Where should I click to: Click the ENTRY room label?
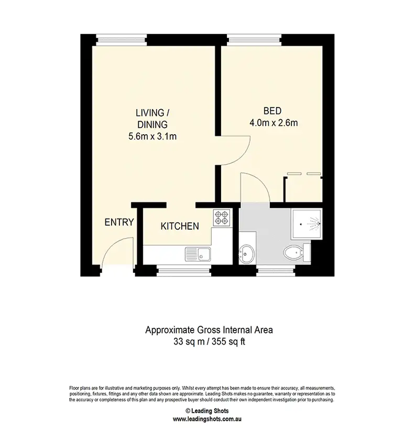119,222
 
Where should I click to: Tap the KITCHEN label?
179,227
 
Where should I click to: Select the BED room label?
272,111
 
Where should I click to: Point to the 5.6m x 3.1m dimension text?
151,137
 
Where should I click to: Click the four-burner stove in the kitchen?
222,217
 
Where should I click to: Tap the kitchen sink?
198,254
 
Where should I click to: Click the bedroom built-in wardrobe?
303,189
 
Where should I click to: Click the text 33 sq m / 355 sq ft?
209,342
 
